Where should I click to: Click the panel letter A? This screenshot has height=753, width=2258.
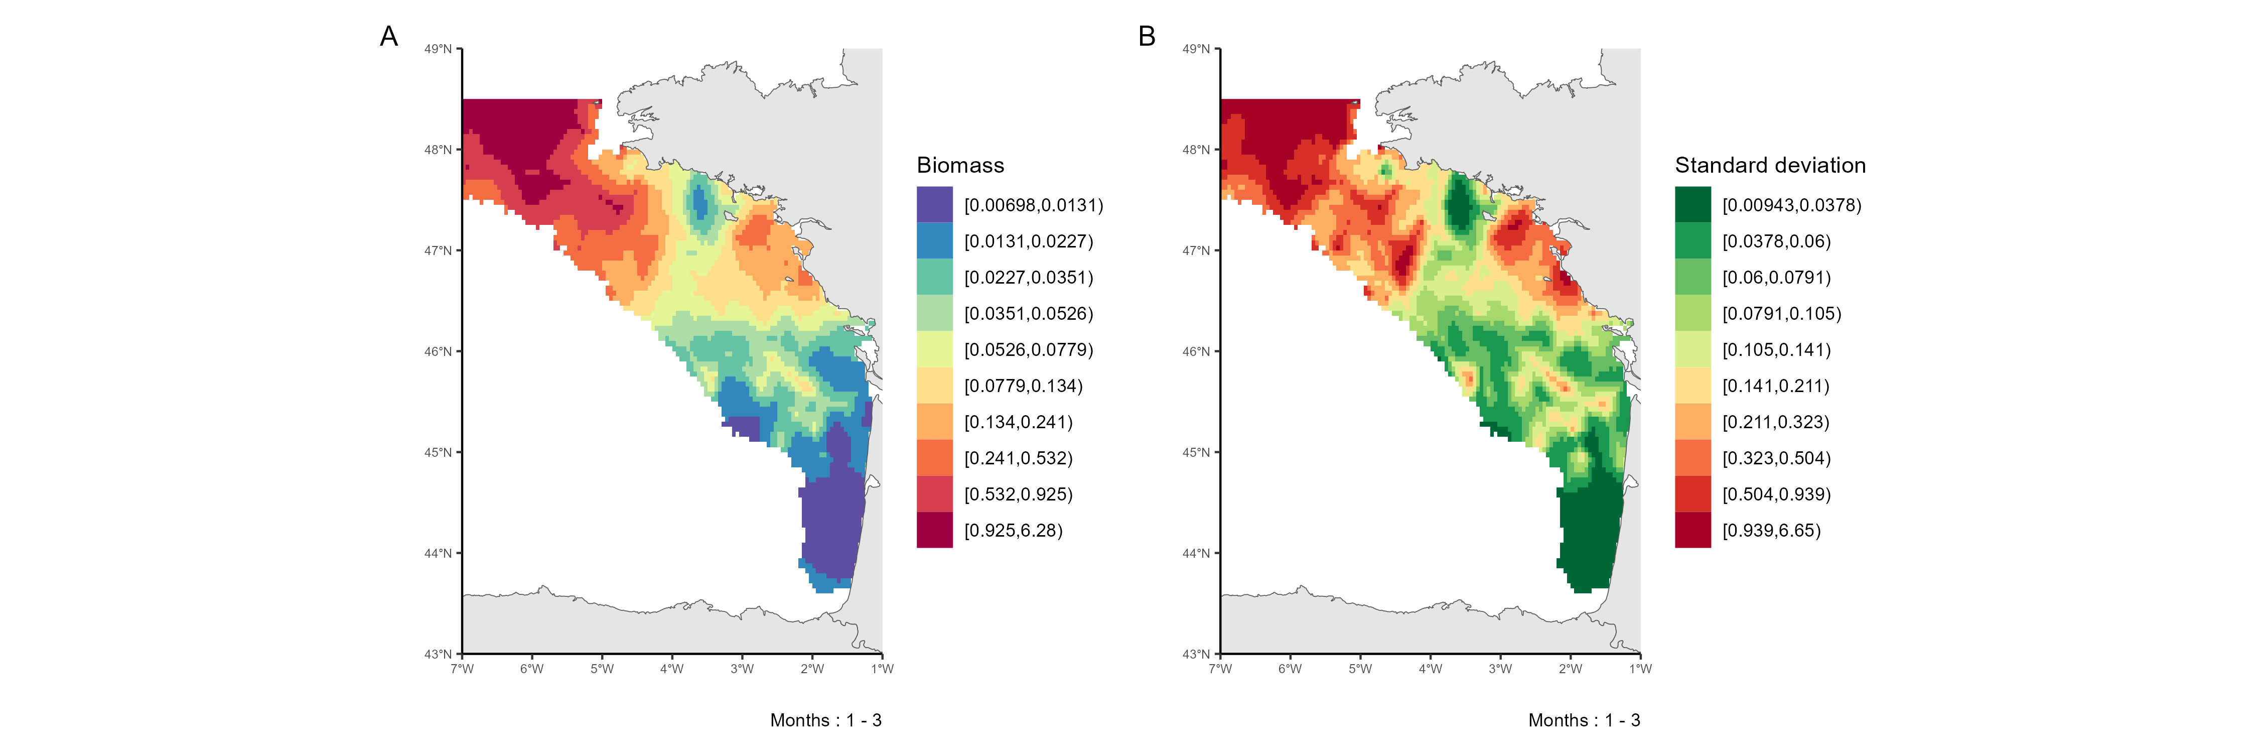click(x=388, y=37)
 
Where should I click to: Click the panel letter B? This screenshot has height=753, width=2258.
click(x=1147, y=37)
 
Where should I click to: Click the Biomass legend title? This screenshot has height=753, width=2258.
click(x=960, y=166)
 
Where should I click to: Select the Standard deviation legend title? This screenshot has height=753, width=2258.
click(x=1770, y=166)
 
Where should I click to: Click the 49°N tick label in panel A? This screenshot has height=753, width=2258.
click(x=438, y=49)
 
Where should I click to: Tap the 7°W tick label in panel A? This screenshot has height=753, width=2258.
click(x=462, y=669)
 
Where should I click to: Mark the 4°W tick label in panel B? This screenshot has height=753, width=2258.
click(x=1431, y=669)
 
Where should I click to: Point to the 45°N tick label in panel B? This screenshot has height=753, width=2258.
click(x=1197, y=452)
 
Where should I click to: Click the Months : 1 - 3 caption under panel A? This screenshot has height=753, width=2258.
click(x=826, y=720)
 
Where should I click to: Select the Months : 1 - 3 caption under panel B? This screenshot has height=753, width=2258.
click(x=1584, y=720)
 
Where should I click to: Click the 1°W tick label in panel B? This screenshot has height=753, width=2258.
click(x=1640, y=669)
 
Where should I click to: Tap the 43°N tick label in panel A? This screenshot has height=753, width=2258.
click(x=438, y=654)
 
